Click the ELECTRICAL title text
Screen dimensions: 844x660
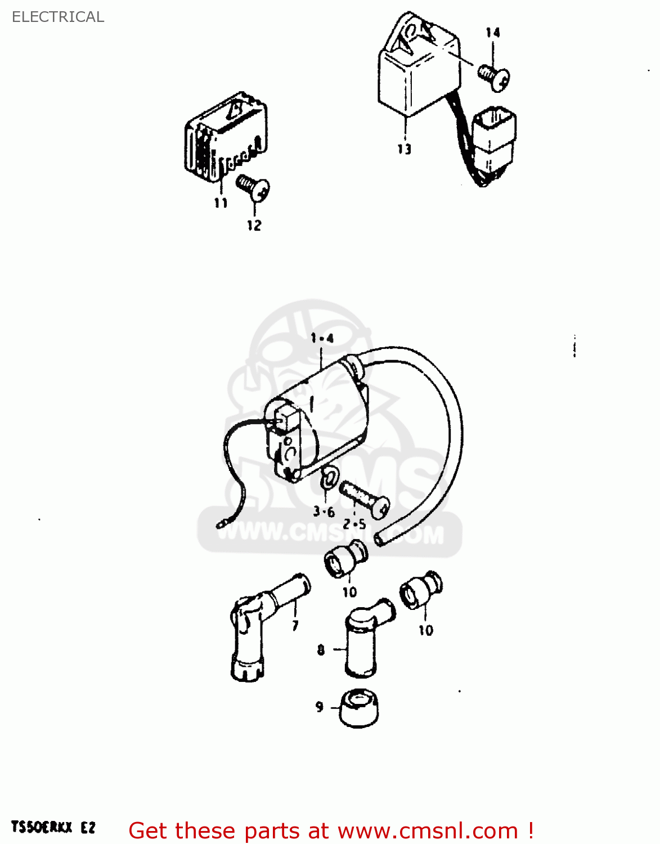coord(58,17)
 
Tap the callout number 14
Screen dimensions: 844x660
coord(492,33)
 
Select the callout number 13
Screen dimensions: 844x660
coord(404,149)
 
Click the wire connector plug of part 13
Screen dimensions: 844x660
coord(494,141)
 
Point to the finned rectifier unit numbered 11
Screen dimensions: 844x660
coord(225,138)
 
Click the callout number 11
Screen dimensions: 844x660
coord(221,203)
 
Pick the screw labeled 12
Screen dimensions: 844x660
coord(253,187)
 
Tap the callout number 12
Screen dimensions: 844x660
coord(254,225)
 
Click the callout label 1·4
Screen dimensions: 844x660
coord(322,338)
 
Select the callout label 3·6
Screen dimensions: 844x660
coord(324,511)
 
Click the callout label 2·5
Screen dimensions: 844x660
coord(354,524)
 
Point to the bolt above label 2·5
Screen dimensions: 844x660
coord(364,499)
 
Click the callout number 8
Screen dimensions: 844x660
coord(321,650)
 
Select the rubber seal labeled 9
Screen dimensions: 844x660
coord(360,709)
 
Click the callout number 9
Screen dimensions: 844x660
coord(319,707)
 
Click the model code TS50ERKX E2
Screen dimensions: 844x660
coord(53,827)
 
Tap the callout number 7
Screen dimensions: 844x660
coord(295,626)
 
